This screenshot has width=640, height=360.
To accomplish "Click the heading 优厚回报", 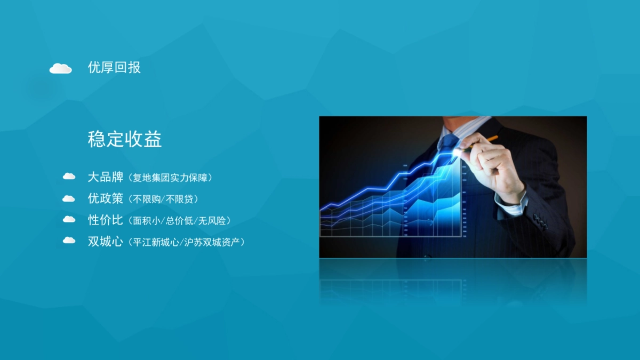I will tap(114, 68).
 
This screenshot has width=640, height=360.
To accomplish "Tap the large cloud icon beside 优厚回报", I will tap(61, 68).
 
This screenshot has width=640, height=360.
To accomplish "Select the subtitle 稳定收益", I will tap(125, 140).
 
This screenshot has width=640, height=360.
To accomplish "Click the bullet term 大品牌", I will tap(106, 177).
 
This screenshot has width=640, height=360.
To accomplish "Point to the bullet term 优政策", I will tap(106, 198).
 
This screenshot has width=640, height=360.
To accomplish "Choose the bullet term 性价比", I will tap(106, 220).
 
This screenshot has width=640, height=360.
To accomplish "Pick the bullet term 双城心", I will tap(106, 241).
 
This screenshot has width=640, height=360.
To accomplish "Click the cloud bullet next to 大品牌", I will tap(69, 176).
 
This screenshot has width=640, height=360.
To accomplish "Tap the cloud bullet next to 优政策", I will tap(69, 198).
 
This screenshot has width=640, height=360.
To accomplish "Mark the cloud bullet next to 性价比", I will tap(69, 219).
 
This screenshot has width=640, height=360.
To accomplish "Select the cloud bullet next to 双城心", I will tap(69, 240).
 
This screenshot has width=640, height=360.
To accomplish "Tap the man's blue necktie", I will tap(447, 147).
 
